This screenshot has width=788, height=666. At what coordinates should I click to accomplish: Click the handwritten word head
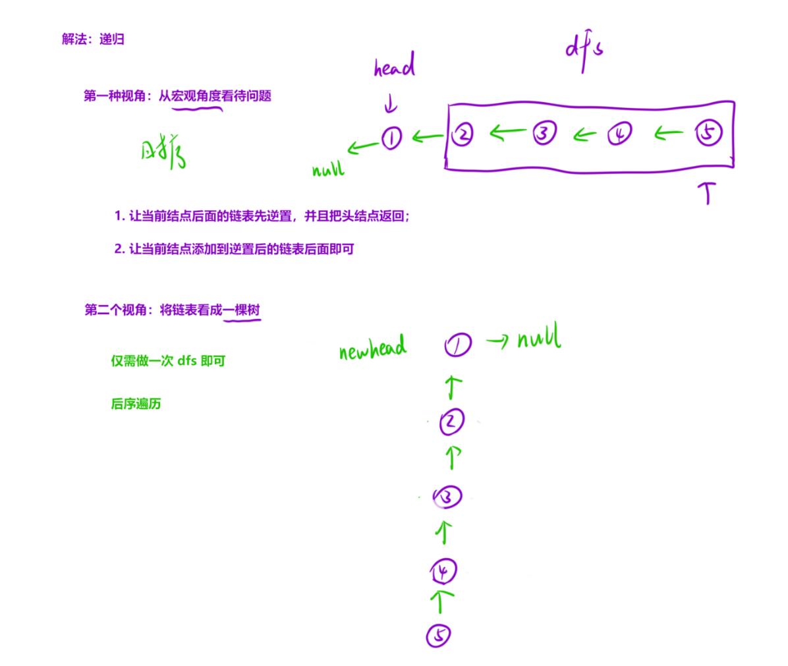pos(394,67)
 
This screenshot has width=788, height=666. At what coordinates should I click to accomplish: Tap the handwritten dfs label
pos(584,50)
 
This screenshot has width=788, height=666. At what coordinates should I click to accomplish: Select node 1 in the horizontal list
pos(391,138)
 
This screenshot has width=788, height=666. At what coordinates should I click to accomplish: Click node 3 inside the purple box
pos(544,133)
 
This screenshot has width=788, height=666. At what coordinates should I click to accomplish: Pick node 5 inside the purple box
pos(708,134)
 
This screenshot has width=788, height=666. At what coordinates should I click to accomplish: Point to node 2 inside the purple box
pos(463,134)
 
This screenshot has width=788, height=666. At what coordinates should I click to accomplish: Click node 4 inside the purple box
pos(619,134)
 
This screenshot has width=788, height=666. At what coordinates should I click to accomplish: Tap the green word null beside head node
pos(328,170)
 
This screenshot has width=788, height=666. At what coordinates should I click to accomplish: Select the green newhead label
pos(373,348)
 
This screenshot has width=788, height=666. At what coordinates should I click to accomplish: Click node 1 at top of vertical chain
pos(457,345)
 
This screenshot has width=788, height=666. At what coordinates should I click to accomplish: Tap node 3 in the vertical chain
pos(447,497)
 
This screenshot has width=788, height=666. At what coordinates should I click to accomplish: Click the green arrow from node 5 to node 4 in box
pos(669,134)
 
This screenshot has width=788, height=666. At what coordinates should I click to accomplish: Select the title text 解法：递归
pos(93,40)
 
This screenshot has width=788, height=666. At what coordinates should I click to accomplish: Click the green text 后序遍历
pos(136,404)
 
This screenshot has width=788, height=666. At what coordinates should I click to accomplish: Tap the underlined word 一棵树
pos(242,310)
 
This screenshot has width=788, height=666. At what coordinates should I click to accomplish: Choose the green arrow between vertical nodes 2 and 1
pos(453,387)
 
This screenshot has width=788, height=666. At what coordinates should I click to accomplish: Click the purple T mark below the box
pos(708,192)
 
